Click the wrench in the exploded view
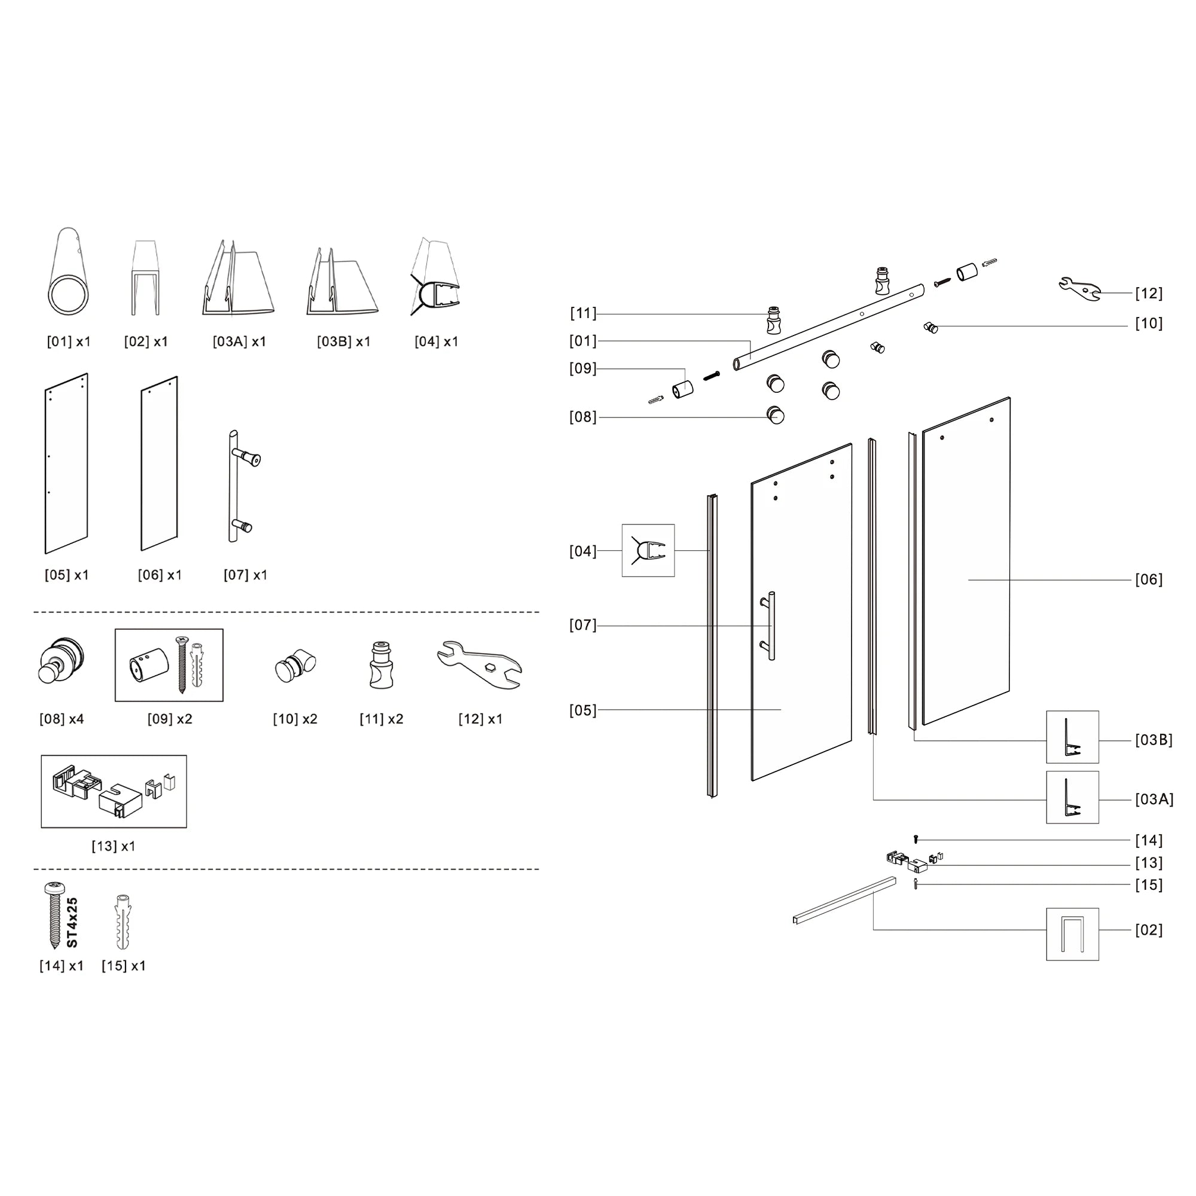1079,288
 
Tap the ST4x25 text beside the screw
72,922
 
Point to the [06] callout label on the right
1148,579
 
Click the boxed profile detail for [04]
648,550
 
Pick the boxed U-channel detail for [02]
1072,934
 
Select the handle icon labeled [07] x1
243,487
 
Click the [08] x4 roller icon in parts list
60,661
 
